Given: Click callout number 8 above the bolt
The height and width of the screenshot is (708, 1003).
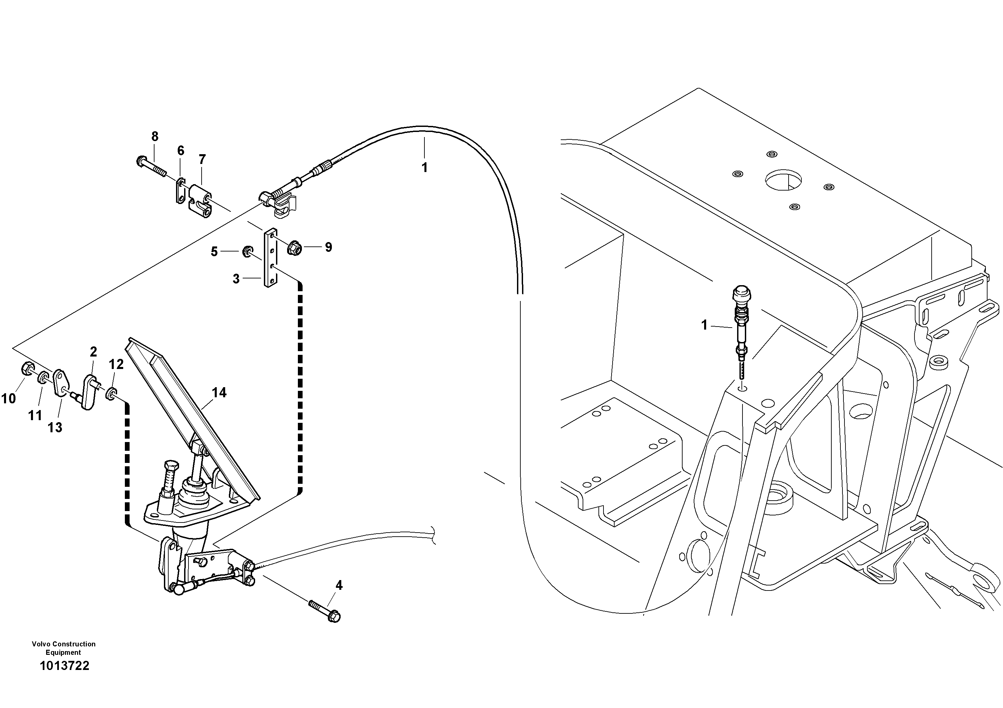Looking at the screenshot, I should [154, 136].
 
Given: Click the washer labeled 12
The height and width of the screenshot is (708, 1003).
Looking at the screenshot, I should [112, 393].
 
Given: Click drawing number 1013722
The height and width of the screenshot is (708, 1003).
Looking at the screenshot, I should [64, 666].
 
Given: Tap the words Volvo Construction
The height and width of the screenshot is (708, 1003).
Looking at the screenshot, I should [63, 644].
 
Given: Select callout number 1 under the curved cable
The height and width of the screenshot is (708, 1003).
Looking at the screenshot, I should [424, 167].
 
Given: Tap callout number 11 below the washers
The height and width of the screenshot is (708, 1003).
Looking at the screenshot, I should [35, 415].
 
